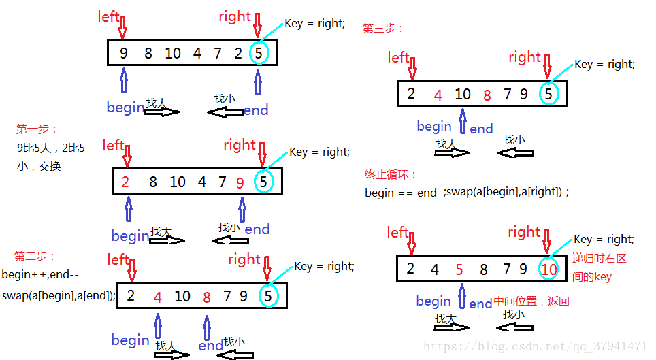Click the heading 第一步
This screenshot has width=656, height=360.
(x=38, y=129)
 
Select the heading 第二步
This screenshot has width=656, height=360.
(x=35, y=257)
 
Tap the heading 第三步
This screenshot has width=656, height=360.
(x=384, y=29)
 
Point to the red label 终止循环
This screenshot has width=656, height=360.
(x=391, y=175)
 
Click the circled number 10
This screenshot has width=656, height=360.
(x=548, y=269)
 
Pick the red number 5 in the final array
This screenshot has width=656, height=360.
(x=459, y=269)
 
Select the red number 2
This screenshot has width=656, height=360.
(x=125, y=182)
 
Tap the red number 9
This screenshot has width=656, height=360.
(x=240, y=182)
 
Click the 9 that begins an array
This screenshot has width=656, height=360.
(x=123, y=52)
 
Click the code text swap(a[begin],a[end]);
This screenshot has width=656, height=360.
(x=59, y=295)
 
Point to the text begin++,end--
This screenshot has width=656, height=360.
(x=40, y=275)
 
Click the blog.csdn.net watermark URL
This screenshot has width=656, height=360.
(x=535, y=346)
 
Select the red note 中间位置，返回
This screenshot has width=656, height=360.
(x=531, y=301)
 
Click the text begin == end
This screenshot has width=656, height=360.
(x=401, y=193)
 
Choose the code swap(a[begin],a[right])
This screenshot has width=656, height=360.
(x=506, y=192)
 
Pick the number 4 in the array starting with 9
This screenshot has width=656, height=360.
(x=197, y=52)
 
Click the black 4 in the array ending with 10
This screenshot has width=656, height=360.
(x=435, y=269)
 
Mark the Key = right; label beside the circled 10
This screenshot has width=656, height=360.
(x=604, y=240)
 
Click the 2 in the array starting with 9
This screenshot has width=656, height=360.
(x=238, y=52)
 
